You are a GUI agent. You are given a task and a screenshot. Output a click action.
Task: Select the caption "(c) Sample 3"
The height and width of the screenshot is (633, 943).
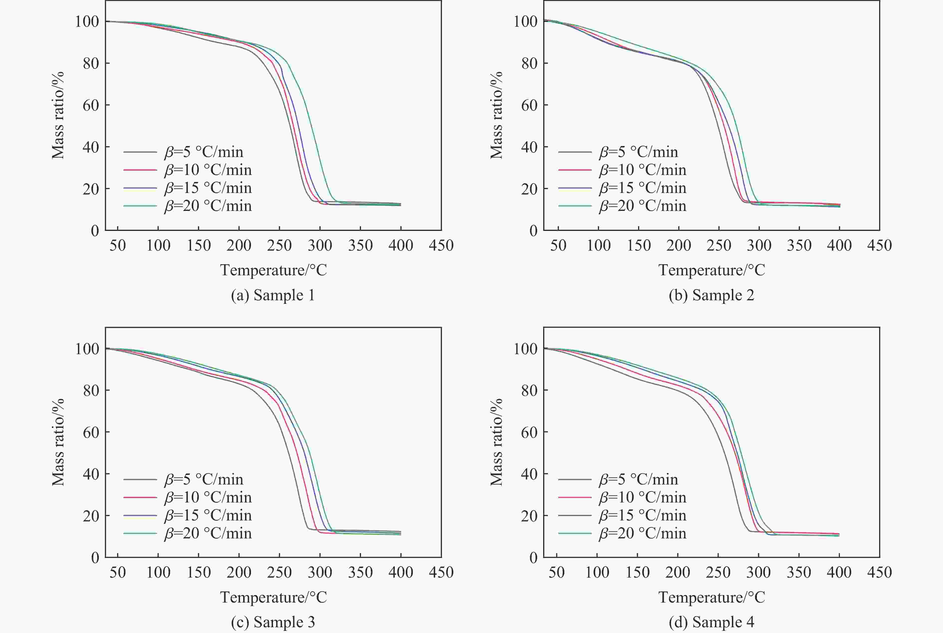click(273, 622)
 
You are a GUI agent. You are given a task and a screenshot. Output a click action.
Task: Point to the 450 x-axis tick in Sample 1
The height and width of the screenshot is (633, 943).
click(441, 245)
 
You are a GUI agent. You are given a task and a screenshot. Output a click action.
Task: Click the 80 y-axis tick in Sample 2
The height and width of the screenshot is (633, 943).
click(529, 63)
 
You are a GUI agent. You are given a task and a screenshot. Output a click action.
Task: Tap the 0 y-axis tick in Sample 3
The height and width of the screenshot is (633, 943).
click(95, 558)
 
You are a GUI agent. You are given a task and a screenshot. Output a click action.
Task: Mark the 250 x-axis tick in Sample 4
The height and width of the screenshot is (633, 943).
click(718, 572)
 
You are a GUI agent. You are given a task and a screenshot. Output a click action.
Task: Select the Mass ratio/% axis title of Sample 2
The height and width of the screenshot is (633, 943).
click(496, 115)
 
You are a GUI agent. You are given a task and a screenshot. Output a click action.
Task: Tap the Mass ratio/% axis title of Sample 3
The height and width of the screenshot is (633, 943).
click(58, 442)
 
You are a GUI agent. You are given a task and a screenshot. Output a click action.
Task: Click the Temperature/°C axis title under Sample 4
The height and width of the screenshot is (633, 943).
click(711, 597)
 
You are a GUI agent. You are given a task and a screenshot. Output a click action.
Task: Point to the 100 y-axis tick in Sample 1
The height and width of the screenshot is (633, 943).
click(87, 21)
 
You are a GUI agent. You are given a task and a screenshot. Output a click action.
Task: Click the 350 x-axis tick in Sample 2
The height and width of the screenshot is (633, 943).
click(799, 245)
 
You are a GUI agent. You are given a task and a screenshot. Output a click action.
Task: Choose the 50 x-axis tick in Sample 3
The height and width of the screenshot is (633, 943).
click(118, 572)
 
